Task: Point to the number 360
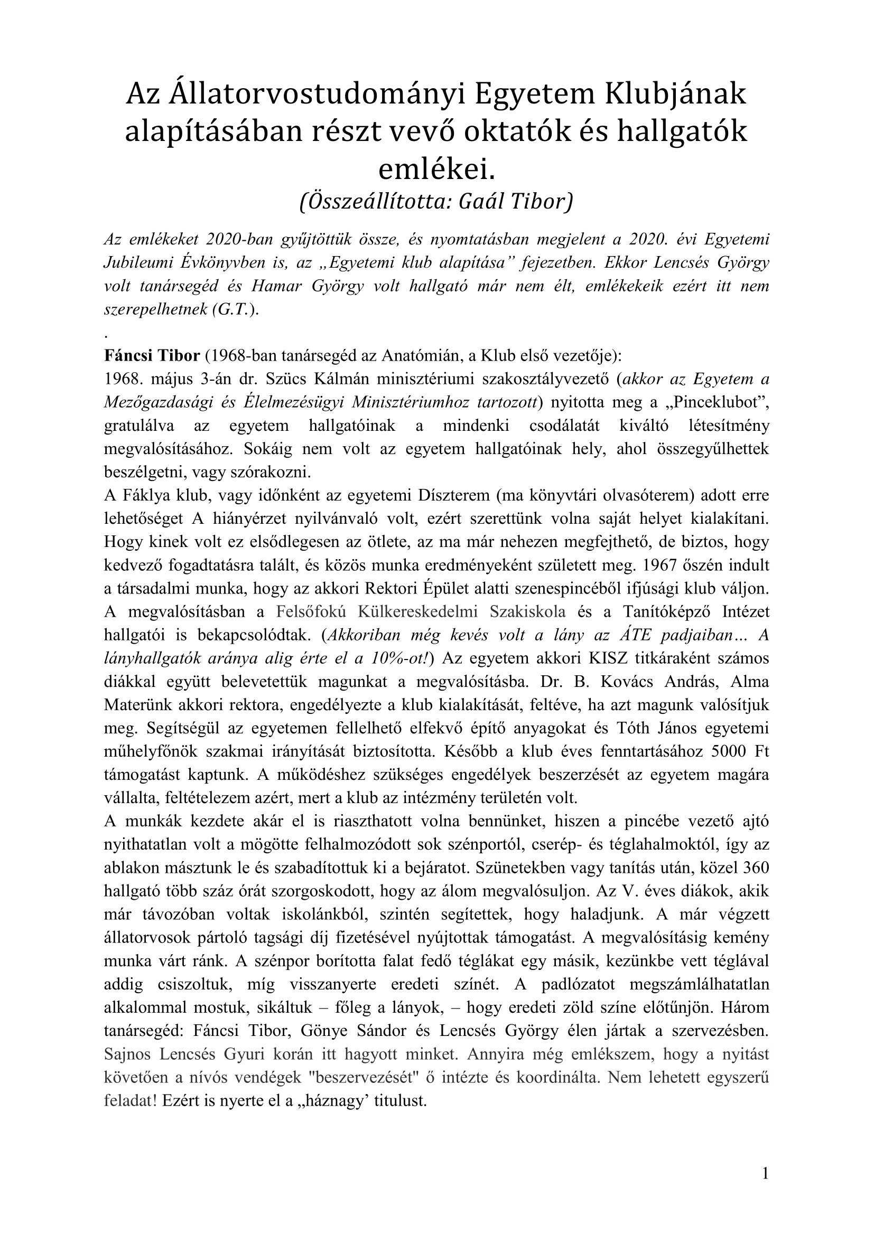click(755, 867)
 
